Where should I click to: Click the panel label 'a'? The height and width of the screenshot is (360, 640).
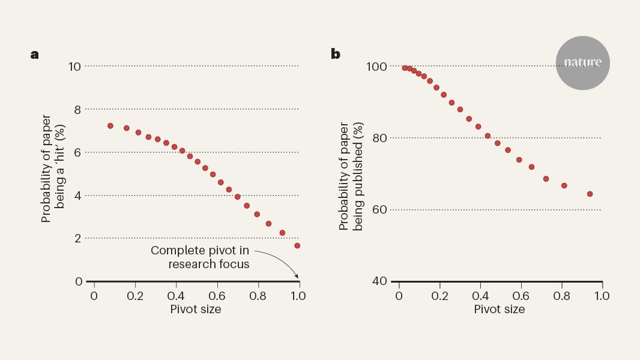pyautogui.click(x=35, y=55)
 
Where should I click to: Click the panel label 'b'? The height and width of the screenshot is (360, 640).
pyautogui.click(x=335, y=54)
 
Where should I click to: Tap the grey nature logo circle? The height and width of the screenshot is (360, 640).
pyautogui.click(x=582, y=63)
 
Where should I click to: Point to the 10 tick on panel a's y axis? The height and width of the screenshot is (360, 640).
pyautogui.click(x=75, y=66)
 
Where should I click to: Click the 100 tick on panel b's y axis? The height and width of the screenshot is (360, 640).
pyautogui.click(x=375, y=66)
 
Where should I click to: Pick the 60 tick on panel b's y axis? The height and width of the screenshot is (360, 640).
pyautogui.click(x=378, y=209)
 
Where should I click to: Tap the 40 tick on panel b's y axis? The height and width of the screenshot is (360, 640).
pyautogui.click(x=378, y=281)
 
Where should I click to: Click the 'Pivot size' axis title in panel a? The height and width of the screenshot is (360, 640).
pyautogui.click(x=196, y=310)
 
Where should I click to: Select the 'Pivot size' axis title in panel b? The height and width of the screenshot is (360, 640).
pyautogui.click(x=500, y=310)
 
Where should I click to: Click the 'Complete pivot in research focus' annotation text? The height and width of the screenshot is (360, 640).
pyautogui.click(x=200, y=257)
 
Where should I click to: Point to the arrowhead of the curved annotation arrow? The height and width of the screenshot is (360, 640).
pyautogui.click(x=297, y=277)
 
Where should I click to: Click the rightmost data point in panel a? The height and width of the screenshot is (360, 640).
pyautogui.click(x=297, y=245)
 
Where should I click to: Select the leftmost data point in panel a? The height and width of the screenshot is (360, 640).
pyautogui.click(x=110, y=126)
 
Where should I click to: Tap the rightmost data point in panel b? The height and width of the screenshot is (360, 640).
pyautogui.click(x=590, y=194)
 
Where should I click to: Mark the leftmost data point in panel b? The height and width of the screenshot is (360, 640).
pyautogui.click(x=405, y=68)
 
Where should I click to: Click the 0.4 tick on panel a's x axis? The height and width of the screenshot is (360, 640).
pyautogui.click(x=175, y=296)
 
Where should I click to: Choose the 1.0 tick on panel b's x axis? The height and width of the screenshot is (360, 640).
pyautogui.click(x=602, y=296)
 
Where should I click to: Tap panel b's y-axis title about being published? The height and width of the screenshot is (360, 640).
pyautogui.click(x=351, y=177)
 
